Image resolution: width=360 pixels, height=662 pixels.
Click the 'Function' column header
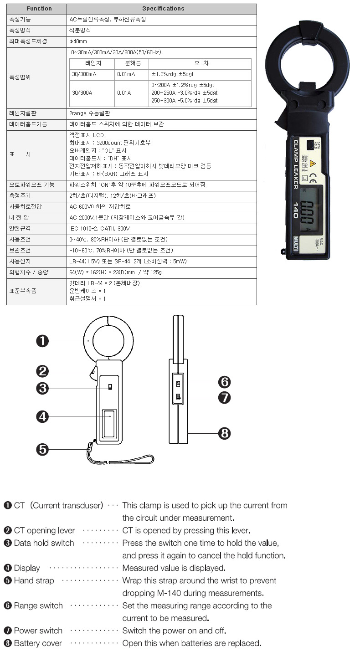[x=39, y=9]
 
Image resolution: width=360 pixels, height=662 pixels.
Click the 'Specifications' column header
[x=163, y=9]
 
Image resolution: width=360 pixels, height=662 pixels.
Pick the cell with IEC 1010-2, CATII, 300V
[x=100, y=229]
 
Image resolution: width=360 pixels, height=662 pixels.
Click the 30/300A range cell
[x=82, y=93]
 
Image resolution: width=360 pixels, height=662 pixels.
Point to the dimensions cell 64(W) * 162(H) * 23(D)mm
[x=115, y=272]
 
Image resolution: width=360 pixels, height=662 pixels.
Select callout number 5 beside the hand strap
[x=42, y=449]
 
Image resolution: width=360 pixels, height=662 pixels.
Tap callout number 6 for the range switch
[x=224, y=382]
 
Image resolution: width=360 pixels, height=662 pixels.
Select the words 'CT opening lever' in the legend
[x=44, y=531]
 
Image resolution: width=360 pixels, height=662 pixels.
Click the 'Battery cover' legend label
[x=38, y=643]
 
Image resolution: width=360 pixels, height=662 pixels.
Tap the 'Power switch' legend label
[x=38, y=631]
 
